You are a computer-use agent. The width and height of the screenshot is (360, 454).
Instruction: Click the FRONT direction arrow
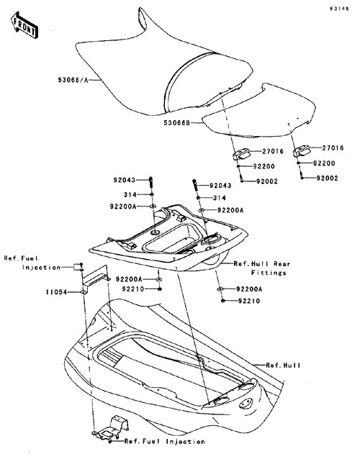(x=24, y=25)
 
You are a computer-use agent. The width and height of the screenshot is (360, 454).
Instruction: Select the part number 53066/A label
(x=73, y=80)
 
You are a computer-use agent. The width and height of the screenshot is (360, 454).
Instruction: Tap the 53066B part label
(x=177, y=123)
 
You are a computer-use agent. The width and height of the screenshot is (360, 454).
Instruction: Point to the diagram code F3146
(x=339, y=9)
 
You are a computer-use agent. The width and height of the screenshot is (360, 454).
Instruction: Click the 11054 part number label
(x=56, y=292)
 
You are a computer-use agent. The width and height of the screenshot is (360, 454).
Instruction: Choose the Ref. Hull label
(x=283, y=366)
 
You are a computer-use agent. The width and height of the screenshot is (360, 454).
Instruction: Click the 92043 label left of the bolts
(x=125, y=180)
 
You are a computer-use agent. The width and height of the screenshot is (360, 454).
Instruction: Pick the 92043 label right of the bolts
(x=220, y=186)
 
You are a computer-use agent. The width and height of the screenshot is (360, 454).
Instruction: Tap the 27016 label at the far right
(x=333, y=148)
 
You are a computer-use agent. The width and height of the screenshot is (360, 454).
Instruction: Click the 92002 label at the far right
(x=328, y=178)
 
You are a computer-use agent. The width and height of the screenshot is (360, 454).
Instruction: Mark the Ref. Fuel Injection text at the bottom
(x=165, y=442)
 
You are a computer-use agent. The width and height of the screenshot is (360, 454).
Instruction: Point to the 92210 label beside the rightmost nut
(x=249, y=301)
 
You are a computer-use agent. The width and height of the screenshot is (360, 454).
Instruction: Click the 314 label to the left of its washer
(x=130, y=194)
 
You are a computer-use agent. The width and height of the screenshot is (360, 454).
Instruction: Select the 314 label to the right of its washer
(x=220, y=198)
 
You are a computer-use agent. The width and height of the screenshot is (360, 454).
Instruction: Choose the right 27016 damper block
(x=302, y=150)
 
